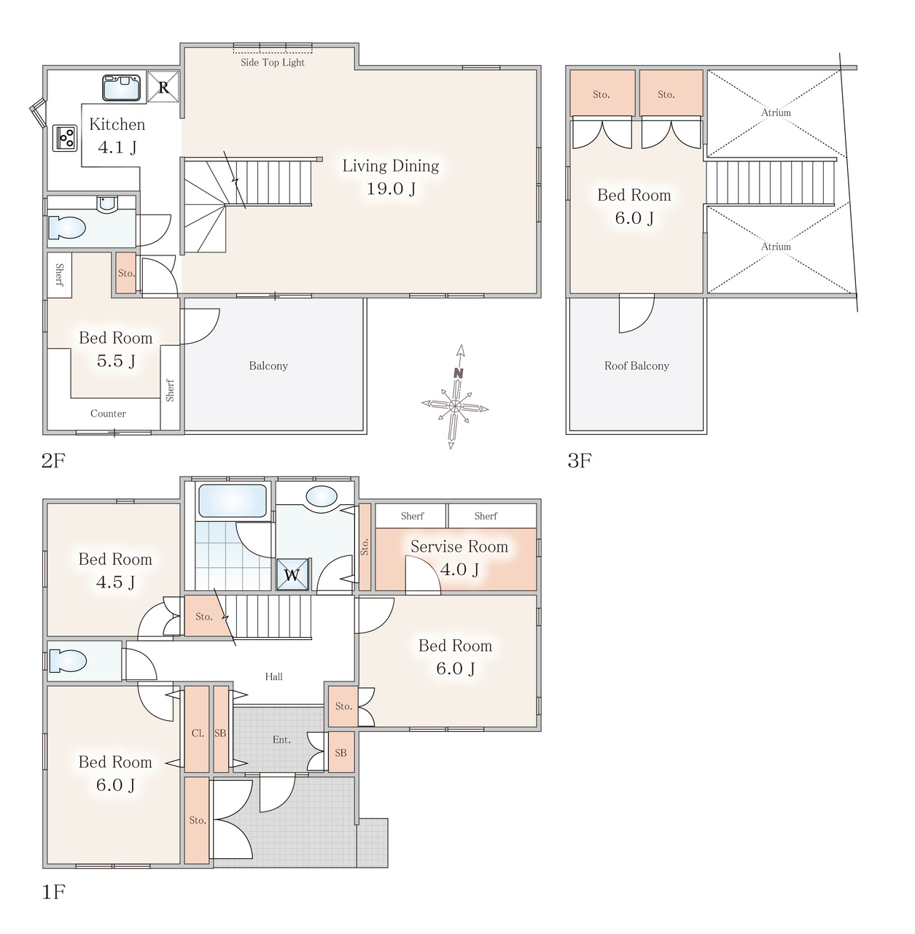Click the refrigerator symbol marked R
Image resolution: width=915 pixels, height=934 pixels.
(163, 87)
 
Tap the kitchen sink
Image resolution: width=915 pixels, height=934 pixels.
(121, 88)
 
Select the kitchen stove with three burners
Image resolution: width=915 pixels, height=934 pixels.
(65, 138)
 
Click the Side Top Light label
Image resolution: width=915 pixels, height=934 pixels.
(273, 63)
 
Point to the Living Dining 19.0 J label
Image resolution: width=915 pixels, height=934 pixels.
(391, 177)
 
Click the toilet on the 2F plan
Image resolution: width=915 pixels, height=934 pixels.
(67, 228)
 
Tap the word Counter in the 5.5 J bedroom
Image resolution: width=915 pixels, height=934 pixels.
(108, 414)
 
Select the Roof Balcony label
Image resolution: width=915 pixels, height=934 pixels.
(636, 366)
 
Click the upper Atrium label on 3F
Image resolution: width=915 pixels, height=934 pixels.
(776, 112)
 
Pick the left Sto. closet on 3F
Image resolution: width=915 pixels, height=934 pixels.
(602, 93)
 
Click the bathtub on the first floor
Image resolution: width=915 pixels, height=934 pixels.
(233, 501)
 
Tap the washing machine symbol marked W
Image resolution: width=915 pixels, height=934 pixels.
(292, 574)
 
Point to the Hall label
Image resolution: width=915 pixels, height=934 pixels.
(273, 676)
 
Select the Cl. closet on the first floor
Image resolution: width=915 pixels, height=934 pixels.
(197, 729)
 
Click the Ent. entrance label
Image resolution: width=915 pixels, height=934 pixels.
(281, 740)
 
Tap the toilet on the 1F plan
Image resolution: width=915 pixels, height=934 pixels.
(68, 660)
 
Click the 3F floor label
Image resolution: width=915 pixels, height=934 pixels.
(580, 460)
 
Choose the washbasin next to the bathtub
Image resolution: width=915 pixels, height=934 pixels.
(322, 498)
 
